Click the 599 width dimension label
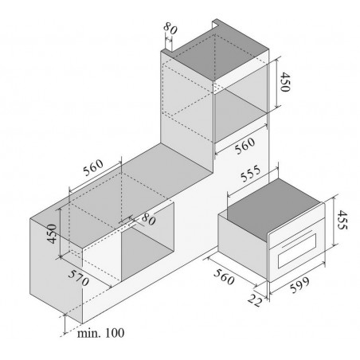[299, 285]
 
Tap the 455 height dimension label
[342, 220]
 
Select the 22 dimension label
[255, 300]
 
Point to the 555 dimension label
[251, 174]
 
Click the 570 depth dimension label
[78, 278]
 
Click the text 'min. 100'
[100, 333]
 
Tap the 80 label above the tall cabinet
[170, 28]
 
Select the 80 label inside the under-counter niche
[148, 219]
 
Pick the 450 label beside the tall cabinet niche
[285, 82]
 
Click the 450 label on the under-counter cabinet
[52, 233]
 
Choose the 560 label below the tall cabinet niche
[245, 146]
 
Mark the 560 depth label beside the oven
[224, 277]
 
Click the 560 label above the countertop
[93, 167]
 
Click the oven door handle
[297, 238]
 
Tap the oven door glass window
[297, 251]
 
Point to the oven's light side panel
[243, 246]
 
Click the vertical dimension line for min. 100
[65, 324]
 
